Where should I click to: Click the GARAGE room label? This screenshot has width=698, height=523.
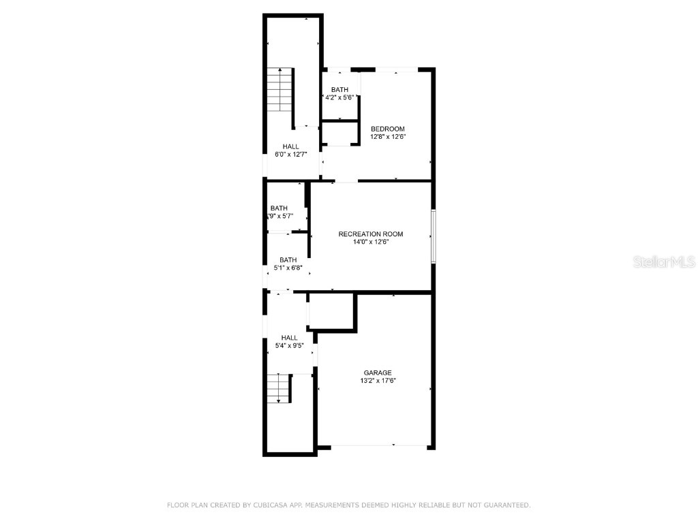(x=377, y=373)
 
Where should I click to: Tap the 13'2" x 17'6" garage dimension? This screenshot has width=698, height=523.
(x=377, y=381)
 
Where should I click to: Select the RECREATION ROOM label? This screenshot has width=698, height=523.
(x=370, y=234)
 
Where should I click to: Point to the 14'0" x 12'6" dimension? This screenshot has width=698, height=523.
(x=370, y=242)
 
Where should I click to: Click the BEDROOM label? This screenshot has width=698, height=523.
(x=387, y=129)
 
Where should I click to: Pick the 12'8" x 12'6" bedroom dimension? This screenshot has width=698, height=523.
(x=387, y=137)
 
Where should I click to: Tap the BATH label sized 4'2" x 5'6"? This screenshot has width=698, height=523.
(x=339, y=90)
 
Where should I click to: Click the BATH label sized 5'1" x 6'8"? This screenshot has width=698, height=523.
(x=288, y=259)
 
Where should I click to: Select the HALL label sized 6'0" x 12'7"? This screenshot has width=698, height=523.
(x=291, y=146)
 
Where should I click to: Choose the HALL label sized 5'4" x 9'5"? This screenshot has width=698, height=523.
(x=289, y=338)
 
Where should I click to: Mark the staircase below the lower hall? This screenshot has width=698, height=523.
(x=278, y=389)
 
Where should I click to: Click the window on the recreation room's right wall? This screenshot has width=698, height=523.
(x=433, y=236)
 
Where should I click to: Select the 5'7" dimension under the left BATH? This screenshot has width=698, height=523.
(x=284, y=217)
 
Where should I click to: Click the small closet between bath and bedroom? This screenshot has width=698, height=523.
(x=339, y=134)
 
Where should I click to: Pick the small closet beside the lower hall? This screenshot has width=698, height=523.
(x=331, y=311)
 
